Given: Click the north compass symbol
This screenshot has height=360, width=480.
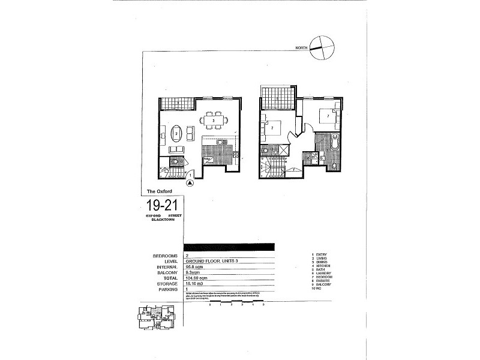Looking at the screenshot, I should click(x=322, y=49).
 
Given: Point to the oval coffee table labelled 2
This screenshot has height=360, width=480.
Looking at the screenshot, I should click(x=177, y=133).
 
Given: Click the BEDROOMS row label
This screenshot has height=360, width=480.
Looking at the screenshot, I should click(x=165, y=256).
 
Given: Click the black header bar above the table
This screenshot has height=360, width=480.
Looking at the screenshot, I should click(x=230, y=247).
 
